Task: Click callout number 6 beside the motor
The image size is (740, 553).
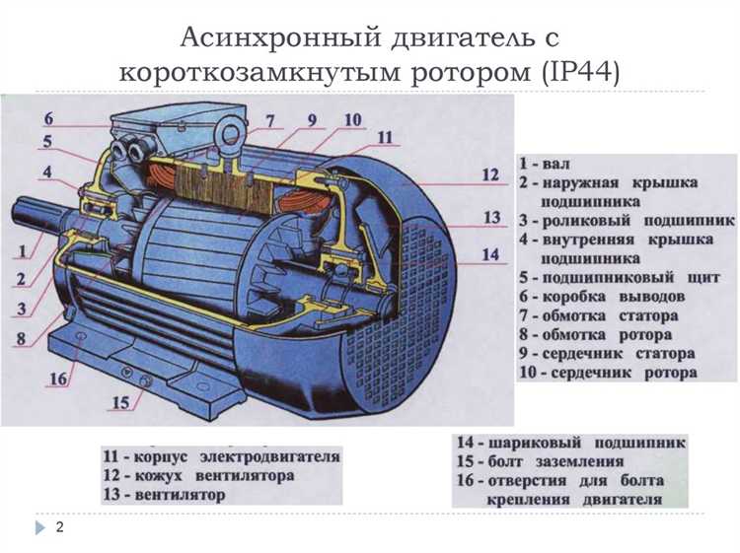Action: point(47,119)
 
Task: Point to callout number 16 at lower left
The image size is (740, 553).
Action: point(58,379)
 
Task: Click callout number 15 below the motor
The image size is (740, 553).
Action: point(119,402)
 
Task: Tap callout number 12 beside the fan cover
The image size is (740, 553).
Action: point(490,176)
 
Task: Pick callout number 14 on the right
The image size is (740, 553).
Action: point(490,254)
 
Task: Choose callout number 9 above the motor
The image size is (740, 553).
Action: point(311,121)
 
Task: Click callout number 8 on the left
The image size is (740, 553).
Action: point(21,337)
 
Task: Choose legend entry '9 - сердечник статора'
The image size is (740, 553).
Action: point(607,353)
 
